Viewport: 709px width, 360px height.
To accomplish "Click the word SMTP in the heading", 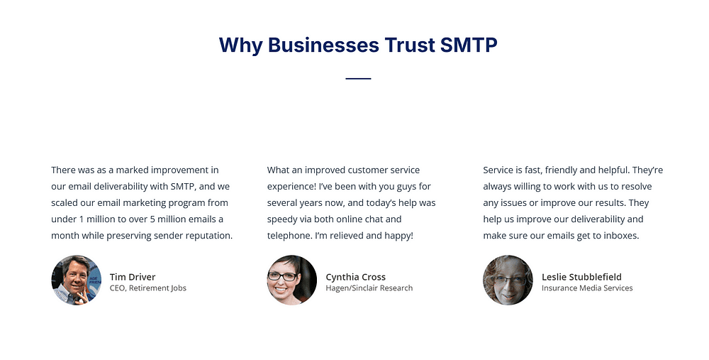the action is coord(469,45).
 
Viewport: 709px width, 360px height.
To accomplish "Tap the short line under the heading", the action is coord(358,79).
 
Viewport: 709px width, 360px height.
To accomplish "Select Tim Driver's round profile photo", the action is coord(76,280).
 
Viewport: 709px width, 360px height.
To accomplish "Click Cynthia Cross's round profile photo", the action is coord(292,280).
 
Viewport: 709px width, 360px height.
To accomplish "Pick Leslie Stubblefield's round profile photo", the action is coord(508,280).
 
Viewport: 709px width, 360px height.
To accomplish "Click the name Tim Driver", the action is coord(133,277).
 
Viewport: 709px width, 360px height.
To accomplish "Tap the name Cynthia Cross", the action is coord(356,277).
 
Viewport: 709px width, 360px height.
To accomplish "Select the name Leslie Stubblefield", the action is coord(581,277).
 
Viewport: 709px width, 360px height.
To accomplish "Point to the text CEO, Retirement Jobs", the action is coord(148,288).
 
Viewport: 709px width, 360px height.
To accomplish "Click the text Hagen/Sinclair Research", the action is coord(369,288).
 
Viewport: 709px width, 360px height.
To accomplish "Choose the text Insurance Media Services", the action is coord(587,288).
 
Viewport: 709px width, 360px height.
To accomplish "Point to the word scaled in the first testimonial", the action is coord(64,202).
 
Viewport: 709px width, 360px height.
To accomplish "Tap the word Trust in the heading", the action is coord(409,45).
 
